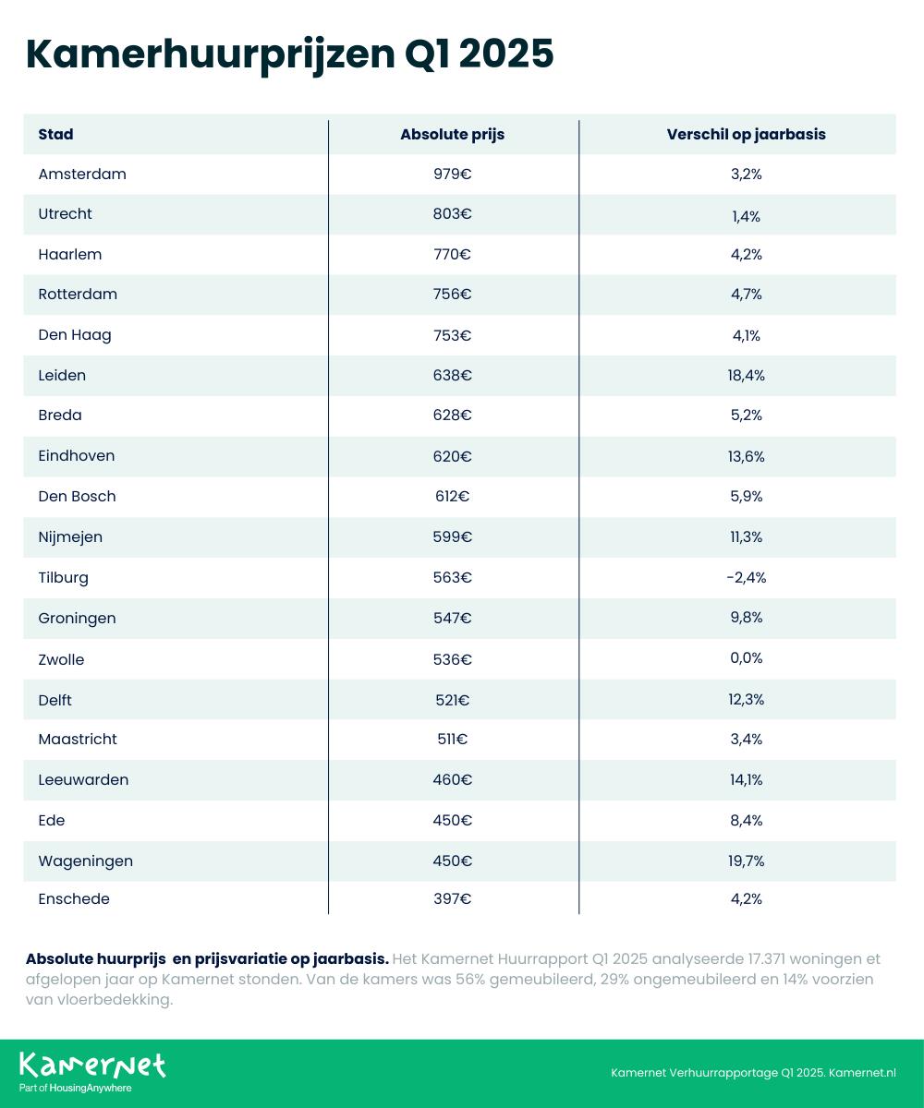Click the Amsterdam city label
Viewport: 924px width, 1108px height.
click(82, 175)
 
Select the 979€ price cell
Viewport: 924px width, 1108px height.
click(453, 175)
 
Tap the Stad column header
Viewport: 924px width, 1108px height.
click(55, 134)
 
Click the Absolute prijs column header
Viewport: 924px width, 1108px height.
click(453, 135)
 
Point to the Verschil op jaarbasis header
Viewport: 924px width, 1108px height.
click(746, 135)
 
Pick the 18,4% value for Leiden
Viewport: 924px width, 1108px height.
click(746, 376)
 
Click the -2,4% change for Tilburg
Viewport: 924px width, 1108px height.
click(746, 577)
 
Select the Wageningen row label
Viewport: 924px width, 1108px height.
click(86, 861)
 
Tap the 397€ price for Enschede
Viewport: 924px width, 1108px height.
click(453, 899)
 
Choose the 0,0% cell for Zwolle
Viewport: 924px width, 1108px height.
click(746, 658)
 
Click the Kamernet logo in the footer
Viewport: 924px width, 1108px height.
click(92, 1066)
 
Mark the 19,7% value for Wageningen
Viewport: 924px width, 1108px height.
click(746, 861)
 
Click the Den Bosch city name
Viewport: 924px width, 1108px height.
click(77, 497)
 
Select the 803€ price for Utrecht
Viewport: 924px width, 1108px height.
click(453, 214)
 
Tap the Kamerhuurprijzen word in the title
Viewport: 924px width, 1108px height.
click(211, 54)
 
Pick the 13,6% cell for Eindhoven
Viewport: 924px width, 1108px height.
click(746, 457)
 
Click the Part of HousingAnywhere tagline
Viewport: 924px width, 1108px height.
click(76, 1089)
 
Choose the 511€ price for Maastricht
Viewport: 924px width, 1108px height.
click(453, 740)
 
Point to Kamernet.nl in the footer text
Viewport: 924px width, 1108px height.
click(862, 1072)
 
